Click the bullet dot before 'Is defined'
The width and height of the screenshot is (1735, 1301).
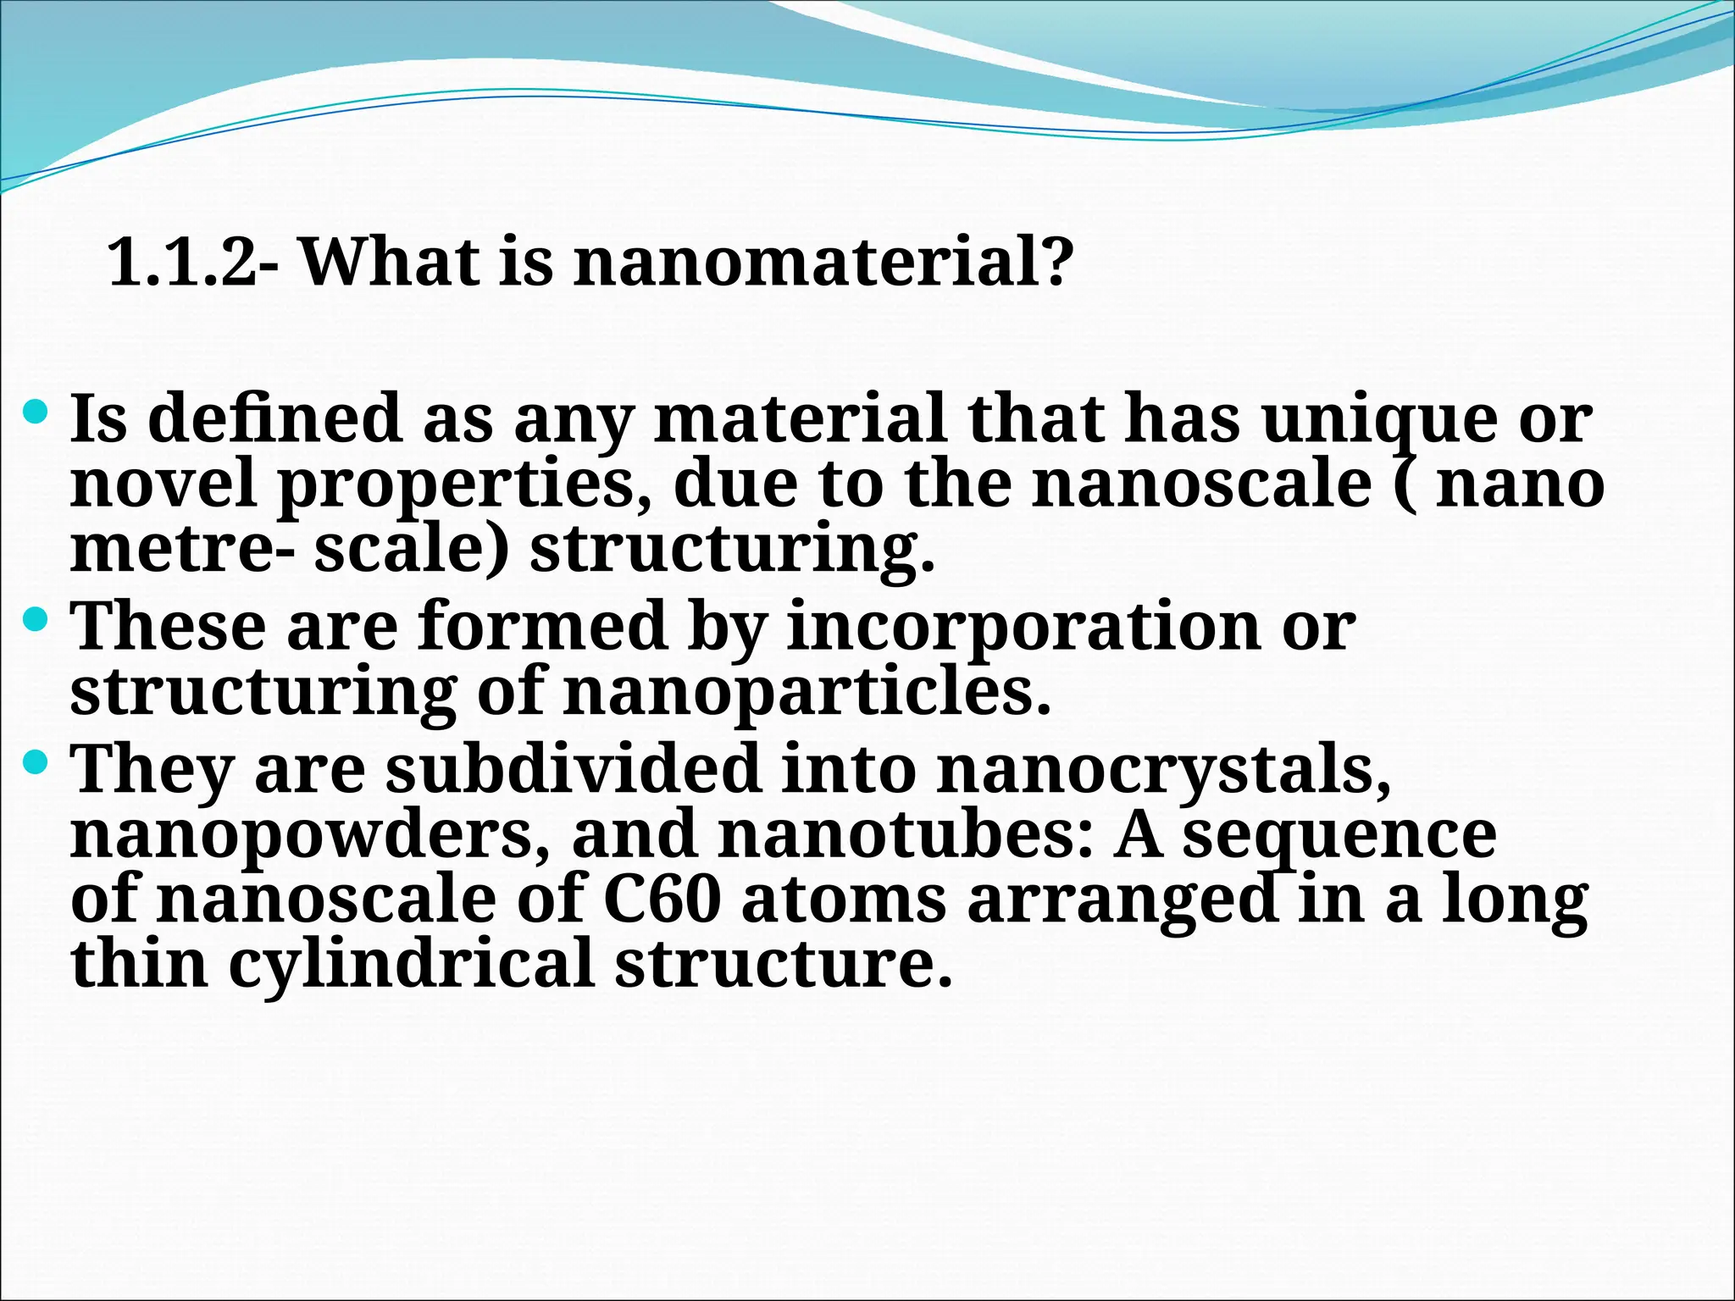click(x=37, y=413)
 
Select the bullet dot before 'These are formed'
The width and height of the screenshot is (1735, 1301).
click(x=37, y=621)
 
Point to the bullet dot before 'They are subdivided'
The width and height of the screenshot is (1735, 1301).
click(x=37, y=764)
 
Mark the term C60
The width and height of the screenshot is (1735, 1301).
click(x=662, y=899)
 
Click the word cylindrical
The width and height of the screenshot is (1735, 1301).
click(x=411, y=965)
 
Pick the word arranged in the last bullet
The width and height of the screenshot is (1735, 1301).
click(x=1122, y=900)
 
